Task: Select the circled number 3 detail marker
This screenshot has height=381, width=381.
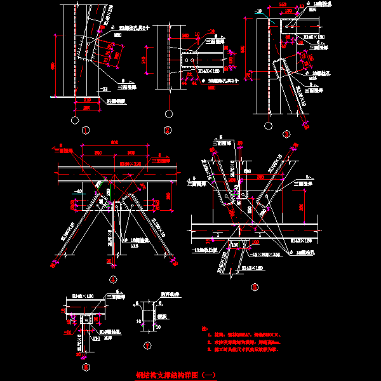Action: [287, 134]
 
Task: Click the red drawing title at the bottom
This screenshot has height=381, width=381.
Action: [177, 375]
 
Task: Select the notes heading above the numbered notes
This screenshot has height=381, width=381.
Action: [204, 328]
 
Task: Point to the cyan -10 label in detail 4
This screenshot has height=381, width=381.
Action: [78, 190]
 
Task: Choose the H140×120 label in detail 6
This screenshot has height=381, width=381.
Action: [79, 297]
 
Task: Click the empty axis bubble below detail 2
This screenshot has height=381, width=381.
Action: [168, 114]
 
